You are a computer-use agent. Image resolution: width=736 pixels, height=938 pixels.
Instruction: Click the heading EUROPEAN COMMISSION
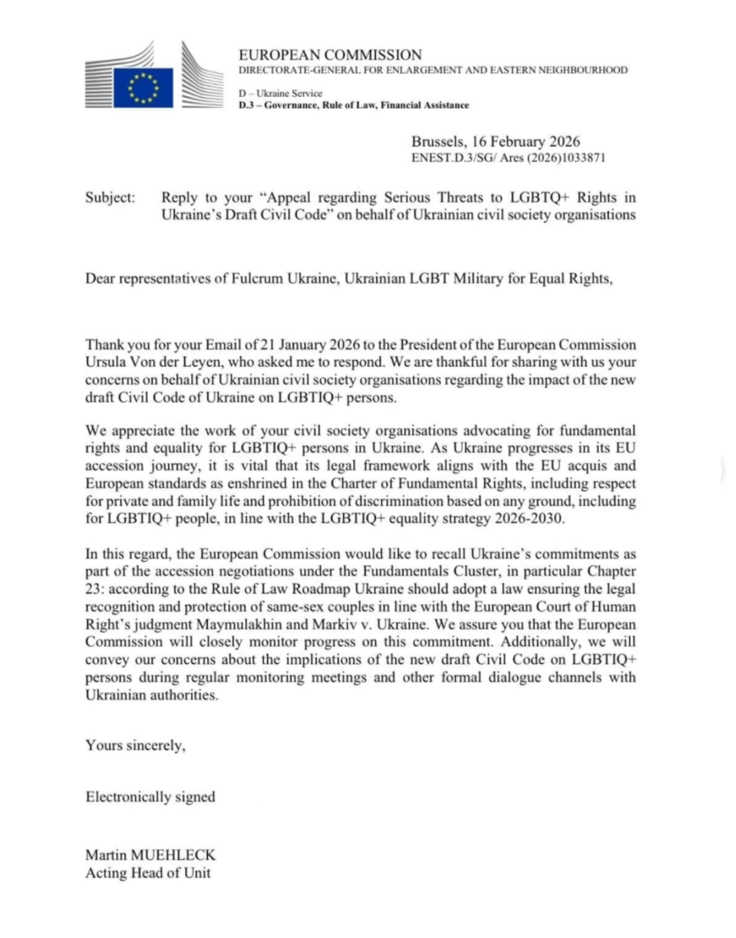click(330, 55)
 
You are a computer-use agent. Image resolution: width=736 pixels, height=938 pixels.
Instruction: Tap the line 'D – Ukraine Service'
click(280, 93)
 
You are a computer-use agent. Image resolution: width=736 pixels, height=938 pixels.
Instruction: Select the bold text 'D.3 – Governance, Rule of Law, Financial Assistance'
click(353, 105)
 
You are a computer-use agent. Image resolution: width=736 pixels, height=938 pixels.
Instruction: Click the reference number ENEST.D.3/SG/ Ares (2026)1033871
click(508, 158)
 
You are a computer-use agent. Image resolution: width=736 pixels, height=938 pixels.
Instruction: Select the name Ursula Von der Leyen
click(152, 362)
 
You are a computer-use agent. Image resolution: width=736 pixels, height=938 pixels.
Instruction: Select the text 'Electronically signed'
click(150, 796)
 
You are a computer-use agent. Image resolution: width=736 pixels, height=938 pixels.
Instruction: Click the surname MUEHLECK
click(179, 857)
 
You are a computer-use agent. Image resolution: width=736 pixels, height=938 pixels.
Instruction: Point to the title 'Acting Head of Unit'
click(148, 873)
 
